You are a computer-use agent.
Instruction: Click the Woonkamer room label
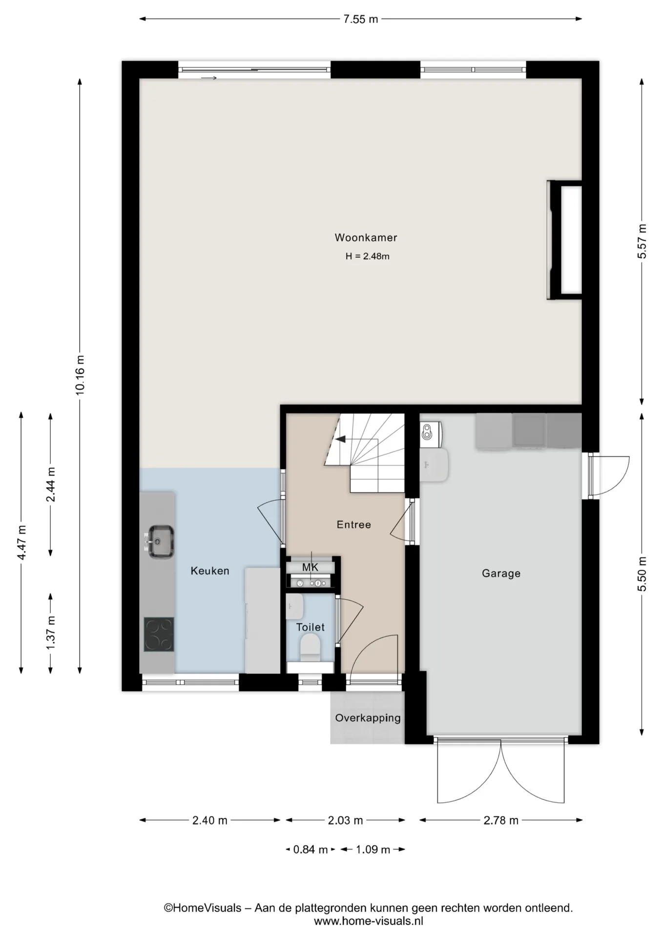[x=366, y=238]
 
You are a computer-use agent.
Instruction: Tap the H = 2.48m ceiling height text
[x=367, y=256]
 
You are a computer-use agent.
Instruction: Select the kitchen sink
[x=160, y=541]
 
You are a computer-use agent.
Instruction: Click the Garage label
[x=501, y=573]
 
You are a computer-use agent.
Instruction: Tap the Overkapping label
[x=368, y=718]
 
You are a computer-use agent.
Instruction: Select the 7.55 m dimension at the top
[x=360, y=20]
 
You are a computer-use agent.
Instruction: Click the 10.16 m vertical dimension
[x=80, y=375]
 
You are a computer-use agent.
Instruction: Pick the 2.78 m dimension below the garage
[x=501, y=820]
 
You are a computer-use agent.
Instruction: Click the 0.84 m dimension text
[x=310, y=850]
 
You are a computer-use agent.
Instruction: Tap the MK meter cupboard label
[x=310, y=567]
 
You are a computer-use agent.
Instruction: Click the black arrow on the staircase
[x=341, y=439]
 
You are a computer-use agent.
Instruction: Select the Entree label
[x=354, y=525]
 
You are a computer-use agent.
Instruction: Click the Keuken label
[x=210, y=571]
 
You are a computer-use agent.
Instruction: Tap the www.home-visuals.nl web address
[x=369, y=921]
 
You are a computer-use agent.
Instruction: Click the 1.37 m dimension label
[x=51, y=632]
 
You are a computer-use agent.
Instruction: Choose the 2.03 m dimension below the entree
[x=345, y=820]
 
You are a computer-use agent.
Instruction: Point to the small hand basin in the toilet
[x=294, y=607]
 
